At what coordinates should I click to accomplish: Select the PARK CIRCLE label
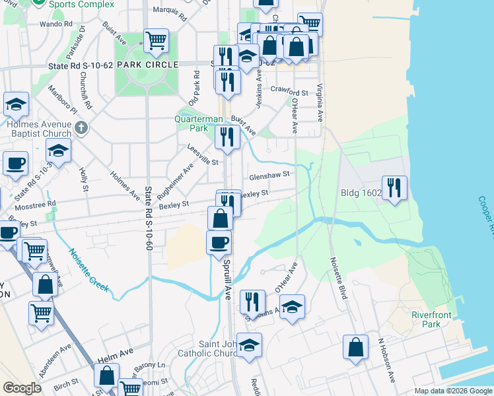(x=147, y=65)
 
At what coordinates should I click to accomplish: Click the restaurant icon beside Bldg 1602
(x=394, y=187)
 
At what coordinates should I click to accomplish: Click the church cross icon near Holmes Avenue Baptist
(x=81, y=127)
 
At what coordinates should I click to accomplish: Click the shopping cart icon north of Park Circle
(x=156, y=40)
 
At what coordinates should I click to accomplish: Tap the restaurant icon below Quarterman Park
(x=227, y=137)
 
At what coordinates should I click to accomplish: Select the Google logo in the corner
(x=22, y=388)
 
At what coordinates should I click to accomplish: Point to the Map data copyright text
(x=453, y=391)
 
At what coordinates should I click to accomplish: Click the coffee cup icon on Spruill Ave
(x=219, y=242)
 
